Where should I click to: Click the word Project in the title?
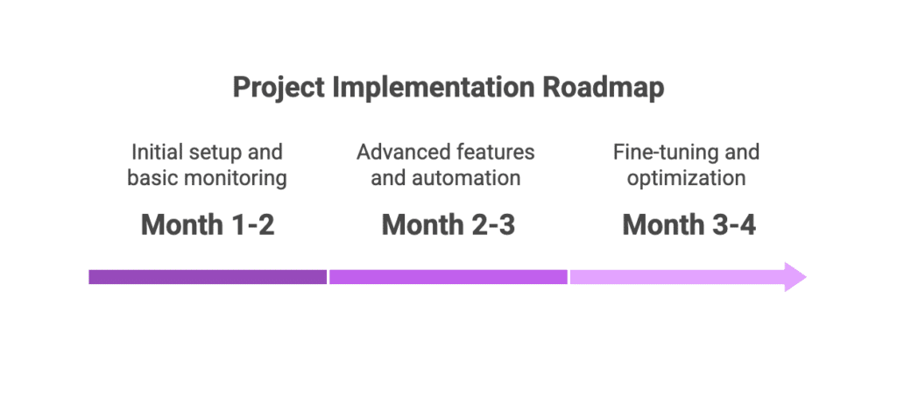click(x=279, y=89)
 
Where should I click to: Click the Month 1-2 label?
click(x=208, y=225)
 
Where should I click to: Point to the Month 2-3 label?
click(x=448, y=225)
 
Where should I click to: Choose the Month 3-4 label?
click(x=689, y=225)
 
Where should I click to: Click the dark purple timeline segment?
click(x=208, y=277)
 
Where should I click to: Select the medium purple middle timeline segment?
click(x=448, y=277)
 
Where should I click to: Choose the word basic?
click(x=149, y=178)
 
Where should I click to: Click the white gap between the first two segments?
click(x=328, y=277)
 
